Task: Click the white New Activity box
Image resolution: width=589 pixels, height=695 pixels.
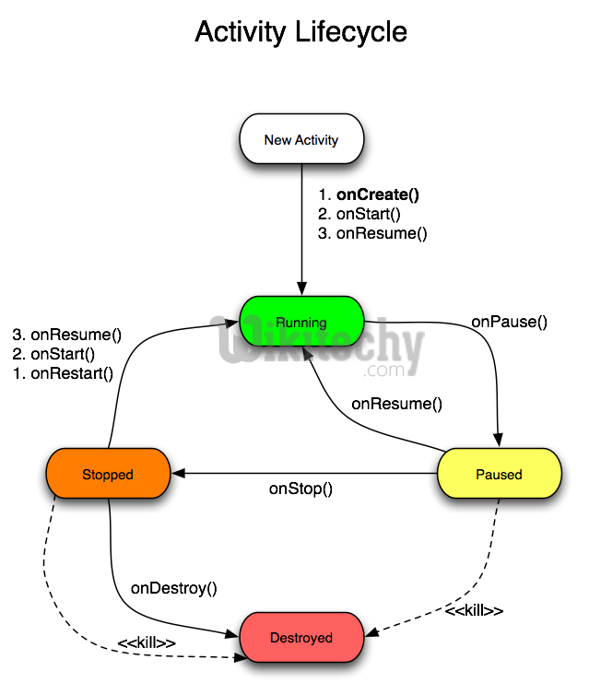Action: click(x=301, y=140)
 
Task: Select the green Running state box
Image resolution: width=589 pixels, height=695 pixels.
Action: click(x=300, y=323)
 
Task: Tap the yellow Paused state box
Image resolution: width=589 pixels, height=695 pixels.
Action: click(x=499, y=475)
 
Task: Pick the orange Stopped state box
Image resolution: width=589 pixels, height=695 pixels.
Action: click(x=107, y=475)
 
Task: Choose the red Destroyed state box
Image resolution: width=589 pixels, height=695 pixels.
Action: click(x=300, y=638)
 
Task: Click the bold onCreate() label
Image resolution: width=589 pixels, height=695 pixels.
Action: click(x=377, y=194)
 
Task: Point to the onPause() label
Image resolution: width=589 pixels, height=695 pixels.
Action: click(x=509, y=323)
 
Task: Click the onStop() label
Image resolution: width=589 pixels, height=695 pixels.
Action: click(x=300, y=489)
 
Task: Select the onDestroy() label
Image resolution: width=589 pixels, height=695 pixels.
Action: click(x=173, y=588)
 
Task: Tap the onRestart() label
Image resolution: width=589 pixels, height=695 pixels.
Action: click(x=72, y=373)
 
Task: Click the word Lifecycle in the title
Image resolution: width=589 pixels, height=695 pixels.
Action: click(x=352, y=32)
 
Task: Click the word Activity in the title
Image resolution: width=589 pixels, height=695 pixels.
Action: click(x=241, y=32)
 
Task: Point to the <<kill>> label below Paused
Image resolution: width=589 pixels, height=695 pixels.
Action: click(x=474, y=611)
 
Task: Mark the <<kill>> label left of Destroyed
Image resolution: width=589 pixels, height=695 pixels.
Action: click(x=147, y=642)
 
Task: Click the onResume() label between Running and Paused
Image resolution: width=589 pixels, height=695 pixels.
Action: click(x=396, y=404)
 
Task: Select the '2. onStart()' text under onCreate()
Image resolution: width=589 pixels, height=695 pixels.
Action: click(x=359, y=214)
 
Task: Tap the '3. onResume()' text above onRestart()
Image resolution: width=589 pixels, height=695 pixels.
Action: click(x=66, y=335)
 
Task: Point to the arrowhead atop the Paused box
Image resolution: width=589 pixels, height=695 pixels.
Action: click(x=500, y=440)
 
